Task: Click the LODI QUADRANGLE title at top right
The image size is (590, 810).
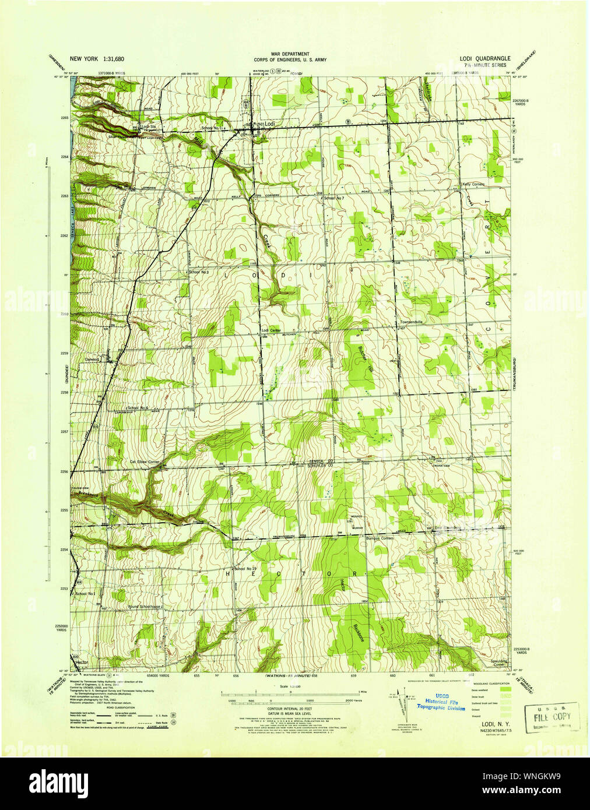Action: pyautogui.click(x=484, y=59)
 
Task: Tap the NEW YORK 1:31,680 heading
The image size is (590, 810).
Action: pyautogui.click(x=97, y=59)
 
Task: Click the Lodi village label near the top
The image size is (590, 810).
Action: pyautogui.click(x=268, y=124)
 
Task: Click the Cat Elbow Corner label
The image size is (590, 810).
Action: pyautogui.click(x=145, y=462)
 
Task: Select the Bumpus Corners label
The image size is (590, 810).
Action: pyautogui.click(x=380, y=538)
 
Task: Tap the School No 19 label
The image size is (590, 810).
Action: pyautogui.click(x=245, y=568)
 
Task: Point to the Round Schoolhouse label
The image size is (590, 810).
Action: pyautogui.click(x=146, y=607)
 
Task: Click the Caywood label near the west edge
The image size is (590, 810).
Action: pyautogui.click(x=94, y=360)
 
